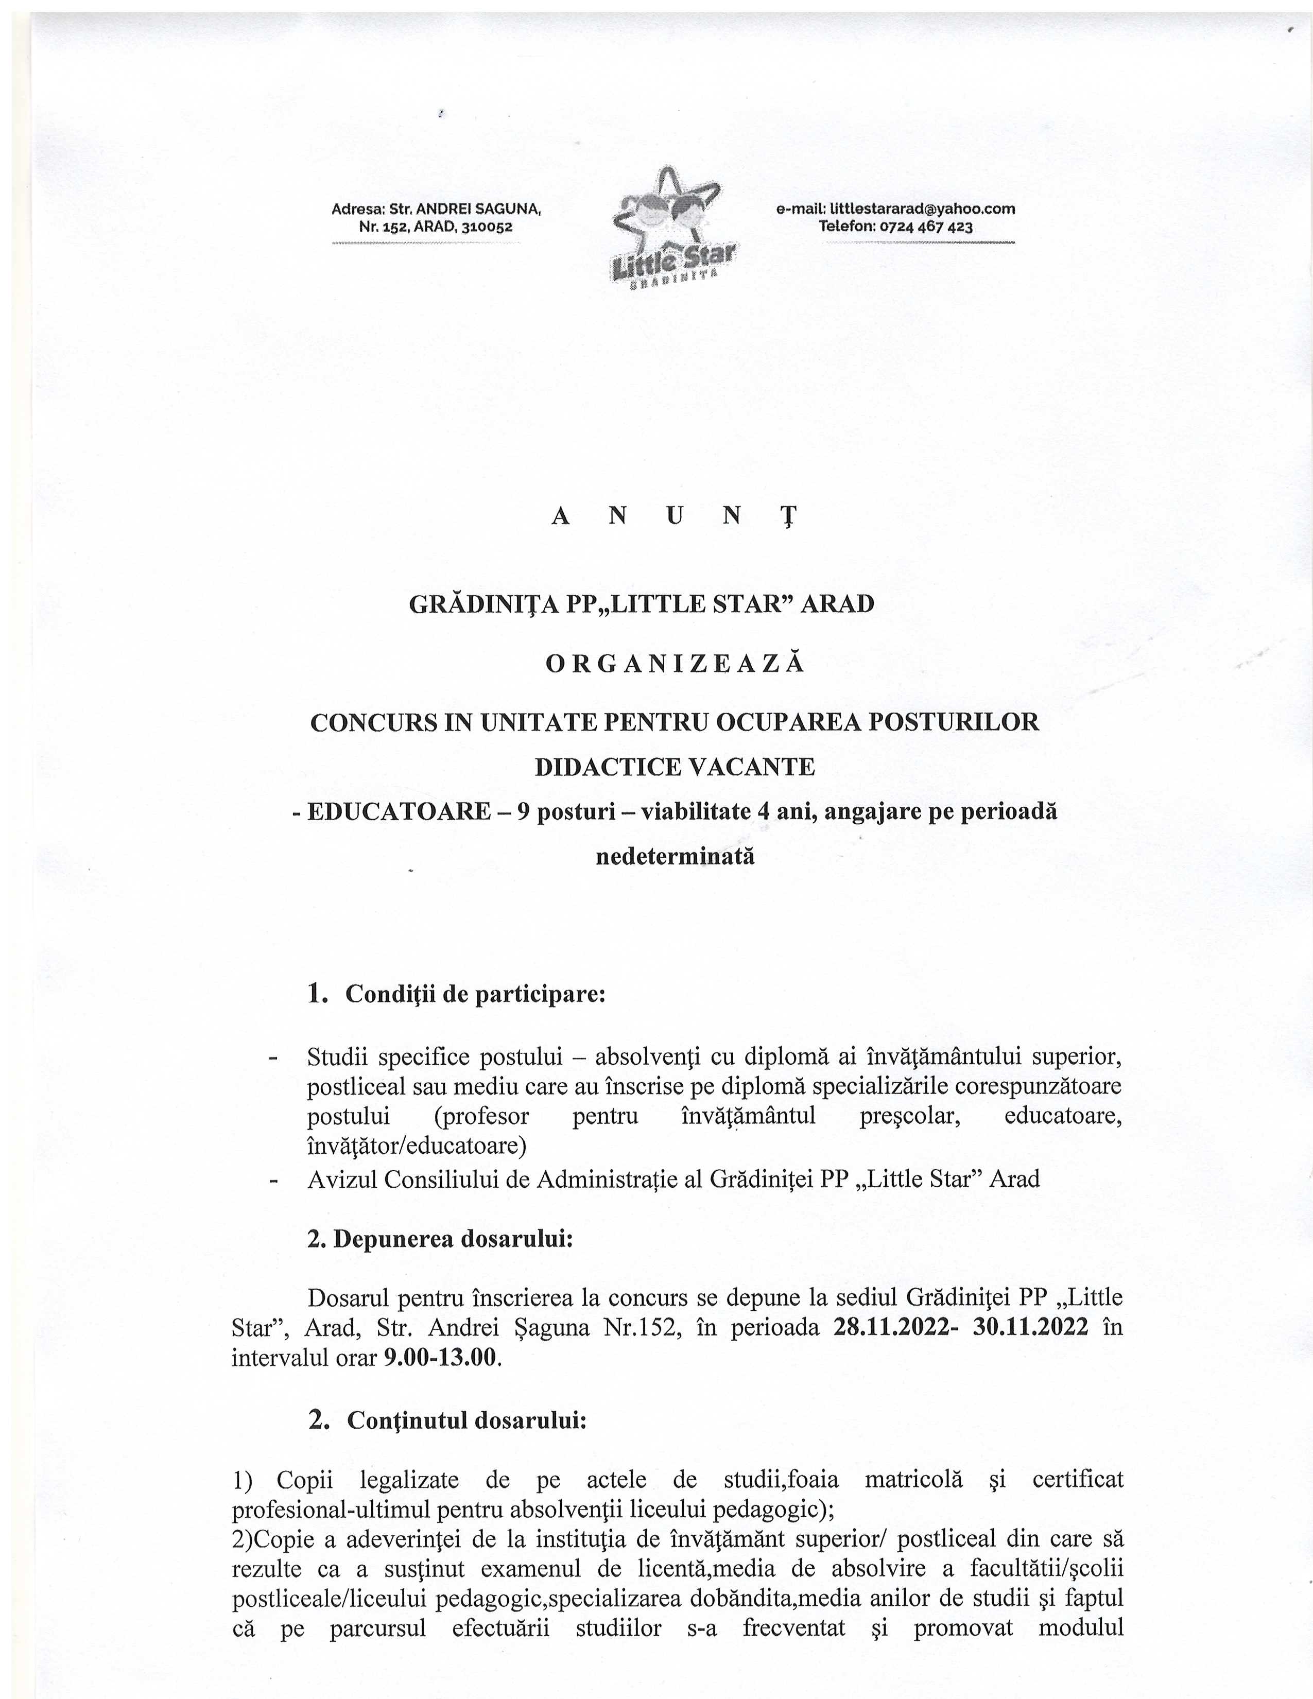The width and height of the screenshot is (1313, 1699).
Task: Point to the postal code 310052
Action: pyautogui.click(x=487, y=227)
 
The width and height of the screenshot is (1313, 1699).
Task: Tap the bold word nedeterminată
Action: pyautogui.click(x=675, y=857)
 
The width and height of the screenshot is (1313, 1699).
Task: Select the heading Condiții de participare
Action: pyautogui.click(x=475, y=994)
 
